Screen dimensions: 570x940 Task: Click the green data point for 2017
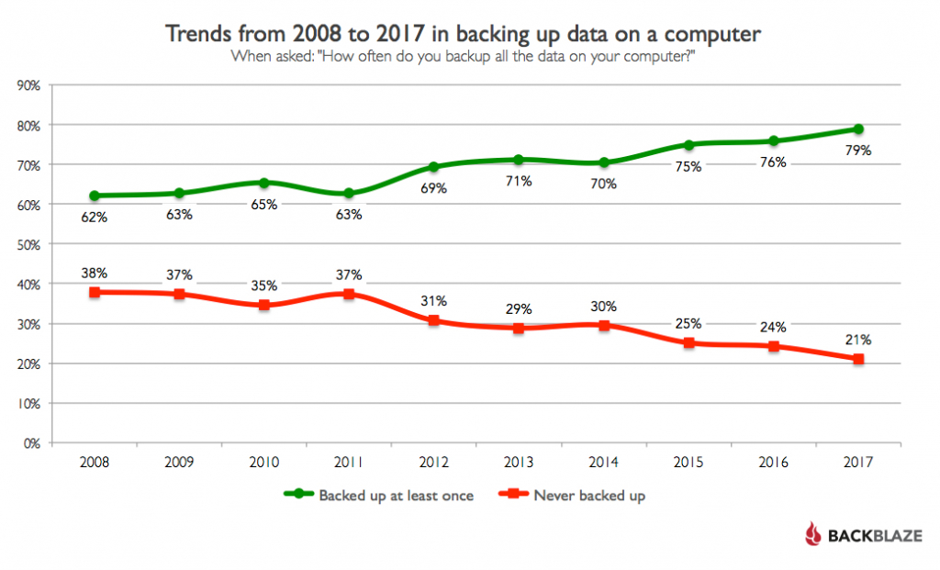pos(858,129)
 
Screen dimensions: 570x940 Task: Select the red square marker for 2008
pos(95,292)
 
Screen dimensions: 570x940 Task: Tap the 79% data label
pos(858,151)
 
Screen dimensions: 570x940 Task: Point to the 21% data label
pos(858,340)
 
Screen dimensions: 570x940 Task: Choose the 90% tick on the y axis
pos(30,85)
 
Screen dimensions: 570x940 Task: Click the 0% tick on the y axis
pos(33,443)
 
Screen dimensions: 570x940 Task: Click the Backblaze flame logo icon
pos(812,534)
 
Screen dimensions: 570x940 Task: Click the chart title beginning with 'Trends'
pos(464,35)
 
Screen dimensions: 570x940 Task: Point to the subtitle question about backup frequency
pos(464,57)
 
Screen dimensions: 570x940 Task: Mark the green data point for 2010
pos(264,183)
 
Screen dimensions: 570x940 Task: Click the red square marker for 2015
pos(688,343)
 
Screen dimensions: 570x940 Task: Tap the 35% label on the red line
pos(264,285)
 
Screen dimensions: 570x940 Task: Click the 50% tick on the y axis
pos(30,245)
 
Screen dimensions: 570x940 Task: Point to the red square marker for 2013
pos(519,328)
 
